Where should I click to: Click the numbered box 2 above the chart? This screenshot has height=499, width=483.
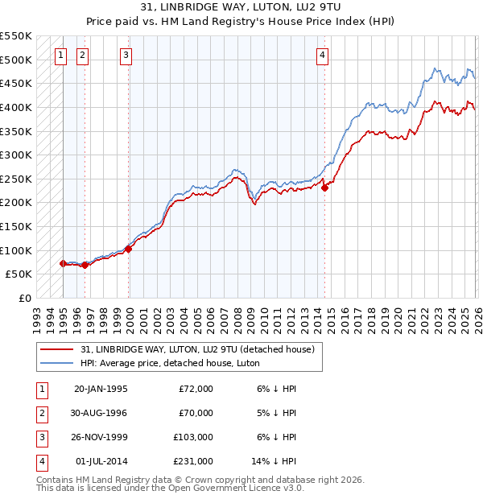[x=84, y=56]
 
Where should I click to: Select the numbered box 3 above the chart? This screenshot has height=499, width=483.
[x=126, y=56]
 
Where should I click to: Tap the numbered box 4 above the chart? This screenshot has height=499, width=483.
[x=322, y=56]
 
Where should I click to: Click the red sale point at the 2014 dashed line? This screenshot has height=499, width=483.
[x=325, y=188]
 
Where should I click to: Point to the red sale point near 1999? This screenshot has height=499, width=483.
[x=129, y=249]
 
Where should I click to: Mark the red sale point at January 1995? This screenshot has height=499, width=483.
[x=64, y=263]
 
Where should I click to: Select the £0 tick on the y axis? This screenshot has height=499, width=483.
[x=25, y=298]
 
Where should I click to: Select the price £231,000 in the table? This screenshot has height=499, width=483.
[x=193, y=461]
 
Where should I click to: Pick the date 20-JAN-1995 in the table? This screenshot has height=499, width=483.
[x=101, y=389]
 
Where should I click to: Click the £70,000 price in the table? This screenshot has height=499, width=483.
[x=196, y=413]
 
